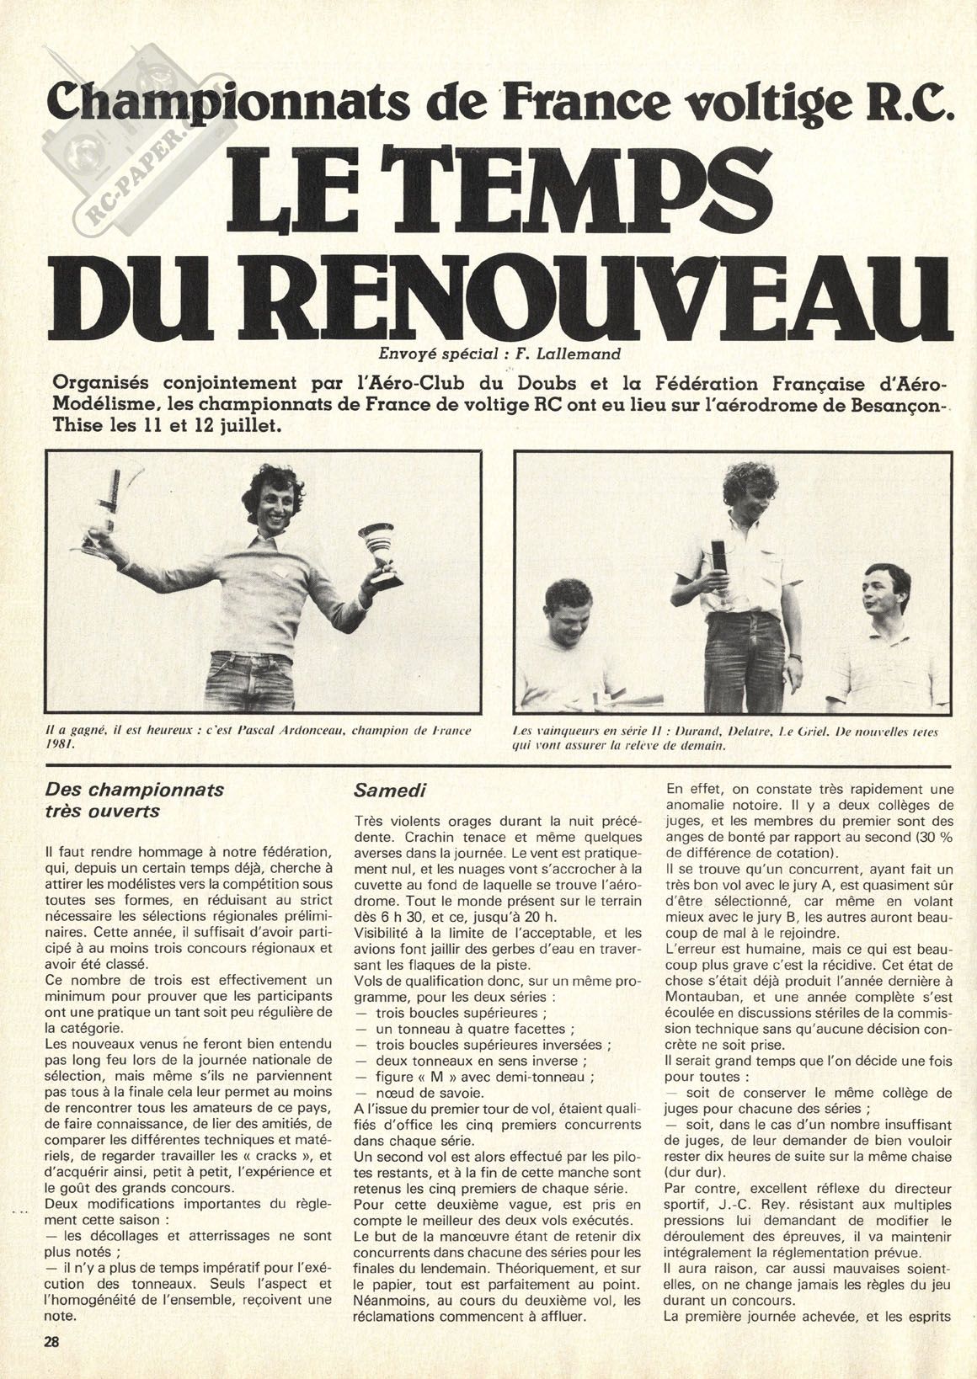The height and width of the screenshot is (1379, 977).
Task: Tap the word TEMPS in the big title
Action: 581,192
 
